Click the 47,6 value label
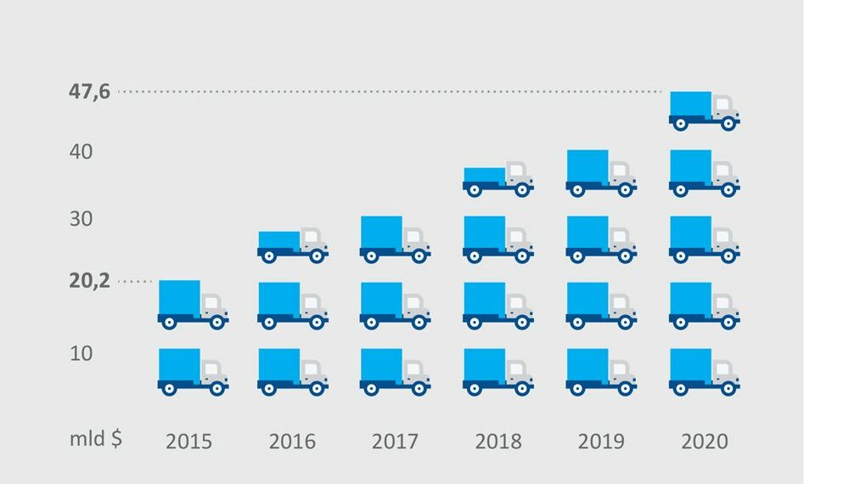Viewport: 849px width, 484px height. (x=90, y=91)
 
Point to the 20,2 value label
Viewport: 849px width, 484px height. (x=90, y=281)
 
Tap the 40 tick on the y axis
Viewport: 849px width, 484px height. (x=82, y=153)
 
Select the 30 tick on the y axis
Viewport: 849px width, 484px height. (x=82, y=219)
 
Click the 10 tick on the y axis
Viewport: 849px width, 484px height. (x=82, y=352)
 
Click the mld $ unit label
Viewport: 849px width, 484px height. (x=96, y=440)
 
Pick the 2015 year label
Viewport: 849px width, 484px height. (x=188, y=442)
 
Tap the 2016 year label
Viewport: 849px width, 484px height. (x=292, y=442)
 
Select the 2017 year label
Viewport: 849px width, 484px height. (x=395, y=442)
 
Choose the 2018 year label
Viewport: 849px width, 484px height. (x=498, y=442)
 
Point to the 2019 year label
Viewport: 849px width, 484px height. (x=601, y=442)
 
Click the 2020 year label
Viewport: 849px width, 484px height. (x=705, y=442)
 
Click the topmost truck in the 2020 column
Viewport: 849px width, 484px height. (x=704, y=110)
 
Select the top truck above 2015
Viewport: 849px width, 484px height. (x=193, y=305)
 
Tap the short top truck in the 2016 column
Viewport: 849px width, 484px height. (x=293, y=245)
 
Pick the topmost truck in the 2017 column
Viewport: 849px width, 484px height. (x=395, y=239)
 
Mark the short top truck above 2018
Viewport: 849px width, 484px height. (x=498, y=181)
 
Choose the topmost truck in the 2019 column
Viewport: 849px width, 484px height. (x=601, y=172)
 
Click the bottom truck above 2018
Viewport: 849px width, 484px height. (x=498, y=372)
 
